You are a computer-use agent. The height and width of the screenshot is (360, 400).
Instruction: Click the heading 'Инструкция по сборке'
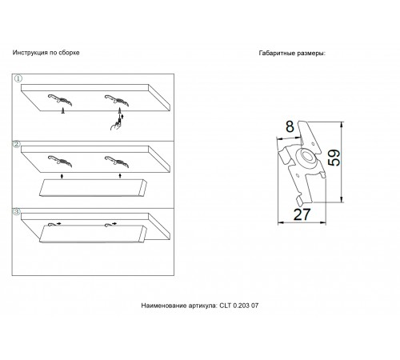coord(46,53)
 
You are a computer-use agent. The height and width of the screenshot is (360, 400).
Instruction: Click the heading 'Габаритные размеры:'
coord(292,53)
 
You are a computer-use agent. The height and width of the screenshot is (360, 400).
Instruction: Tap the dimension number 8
coord(290,126)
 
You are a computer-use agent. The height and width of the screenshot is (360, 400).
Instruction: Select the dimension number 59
coord(334,158)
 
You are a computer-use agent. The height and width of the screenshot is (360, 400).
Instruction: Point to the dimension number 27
coord(302,214)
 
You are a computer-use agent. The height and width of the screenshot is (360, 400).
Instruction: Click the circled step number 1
coord(18,78)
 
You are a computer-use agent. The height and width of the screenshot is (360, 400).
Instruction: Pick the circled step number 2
coord(17,144)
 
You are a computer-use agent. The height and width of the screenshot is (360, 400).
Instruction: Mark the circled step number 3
coord(17,212)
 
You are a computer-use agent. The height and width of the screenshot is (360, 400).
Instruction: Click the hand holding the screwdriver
coord(115,125)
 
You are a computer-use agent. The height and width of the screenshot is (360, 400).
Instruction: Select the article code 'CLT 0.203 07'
coord(239,306)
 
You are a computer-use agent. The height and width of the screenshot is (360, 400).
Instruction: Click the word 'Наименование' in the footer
coord(164,306)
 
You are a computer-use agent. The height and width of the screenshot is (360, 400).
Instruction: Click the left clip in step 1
coord(60,100)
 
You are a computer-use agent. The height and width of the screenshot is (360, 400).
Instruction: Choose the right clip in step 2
coord(117,162)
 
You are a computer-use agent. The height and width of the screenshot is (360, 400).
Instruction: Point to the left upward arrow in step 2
coord(62,176)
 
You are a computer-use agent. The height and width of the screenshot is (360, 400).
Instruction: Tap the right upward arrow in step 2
coord(120,176)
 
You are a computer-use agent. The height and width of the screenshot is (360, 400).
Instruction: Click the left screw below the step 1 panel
coord(63,111)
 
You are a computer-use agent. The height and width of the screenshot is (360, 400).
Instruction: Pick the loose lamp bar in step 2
coord(93,188)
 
